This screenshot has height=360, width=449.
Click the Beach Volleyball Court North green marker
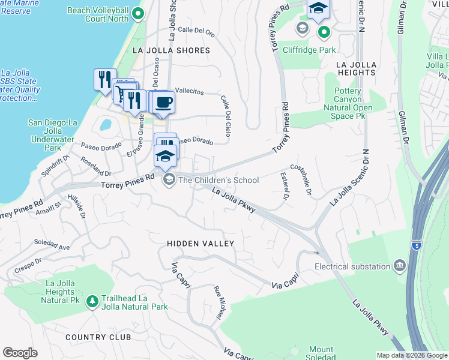point(139,13)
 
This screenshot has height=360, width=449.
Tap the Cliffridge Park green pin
point(324,32)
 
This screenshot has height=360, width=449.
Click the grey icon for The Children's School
point(169,179)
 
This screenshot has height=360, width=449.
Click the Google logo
point(20,352)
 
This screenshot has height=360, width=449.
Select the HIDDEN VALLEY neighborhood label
point(200,244)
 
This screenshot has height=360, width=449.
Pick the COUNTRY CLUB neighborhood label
point(98,337)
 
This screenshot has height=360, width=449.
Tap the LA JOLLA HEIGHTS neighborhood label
point(356,68)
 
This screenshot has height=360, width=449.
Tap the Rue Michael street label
point(218,304)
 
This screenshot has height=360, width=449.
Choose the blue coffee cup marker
point(163,100)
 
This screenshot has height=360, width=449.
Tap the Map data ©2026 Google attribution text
point(411,355)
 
